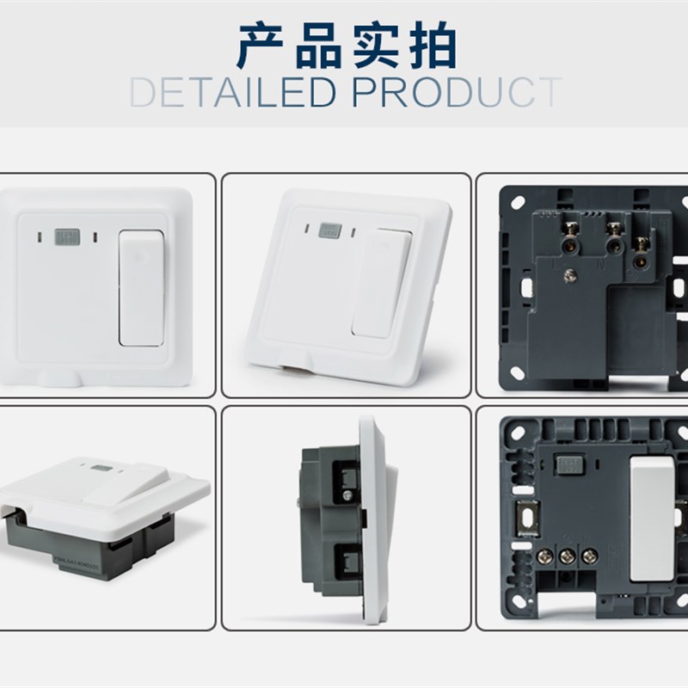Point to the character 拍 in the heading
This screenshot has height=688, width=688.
(x=431, y=47)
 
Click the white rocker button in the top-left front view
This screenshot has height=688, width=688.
(x=139, y=287)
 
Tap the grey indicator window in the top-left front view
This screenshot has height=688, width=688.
(x=65, y=235)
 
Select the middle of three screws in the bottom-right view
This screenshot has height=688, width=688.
(x=567, y=556)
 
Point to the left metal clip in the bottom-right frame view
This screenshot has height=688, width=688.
(x=522, y=521)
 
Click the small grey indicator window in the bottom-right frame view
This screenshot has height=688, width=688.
(x=569, y=464)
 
